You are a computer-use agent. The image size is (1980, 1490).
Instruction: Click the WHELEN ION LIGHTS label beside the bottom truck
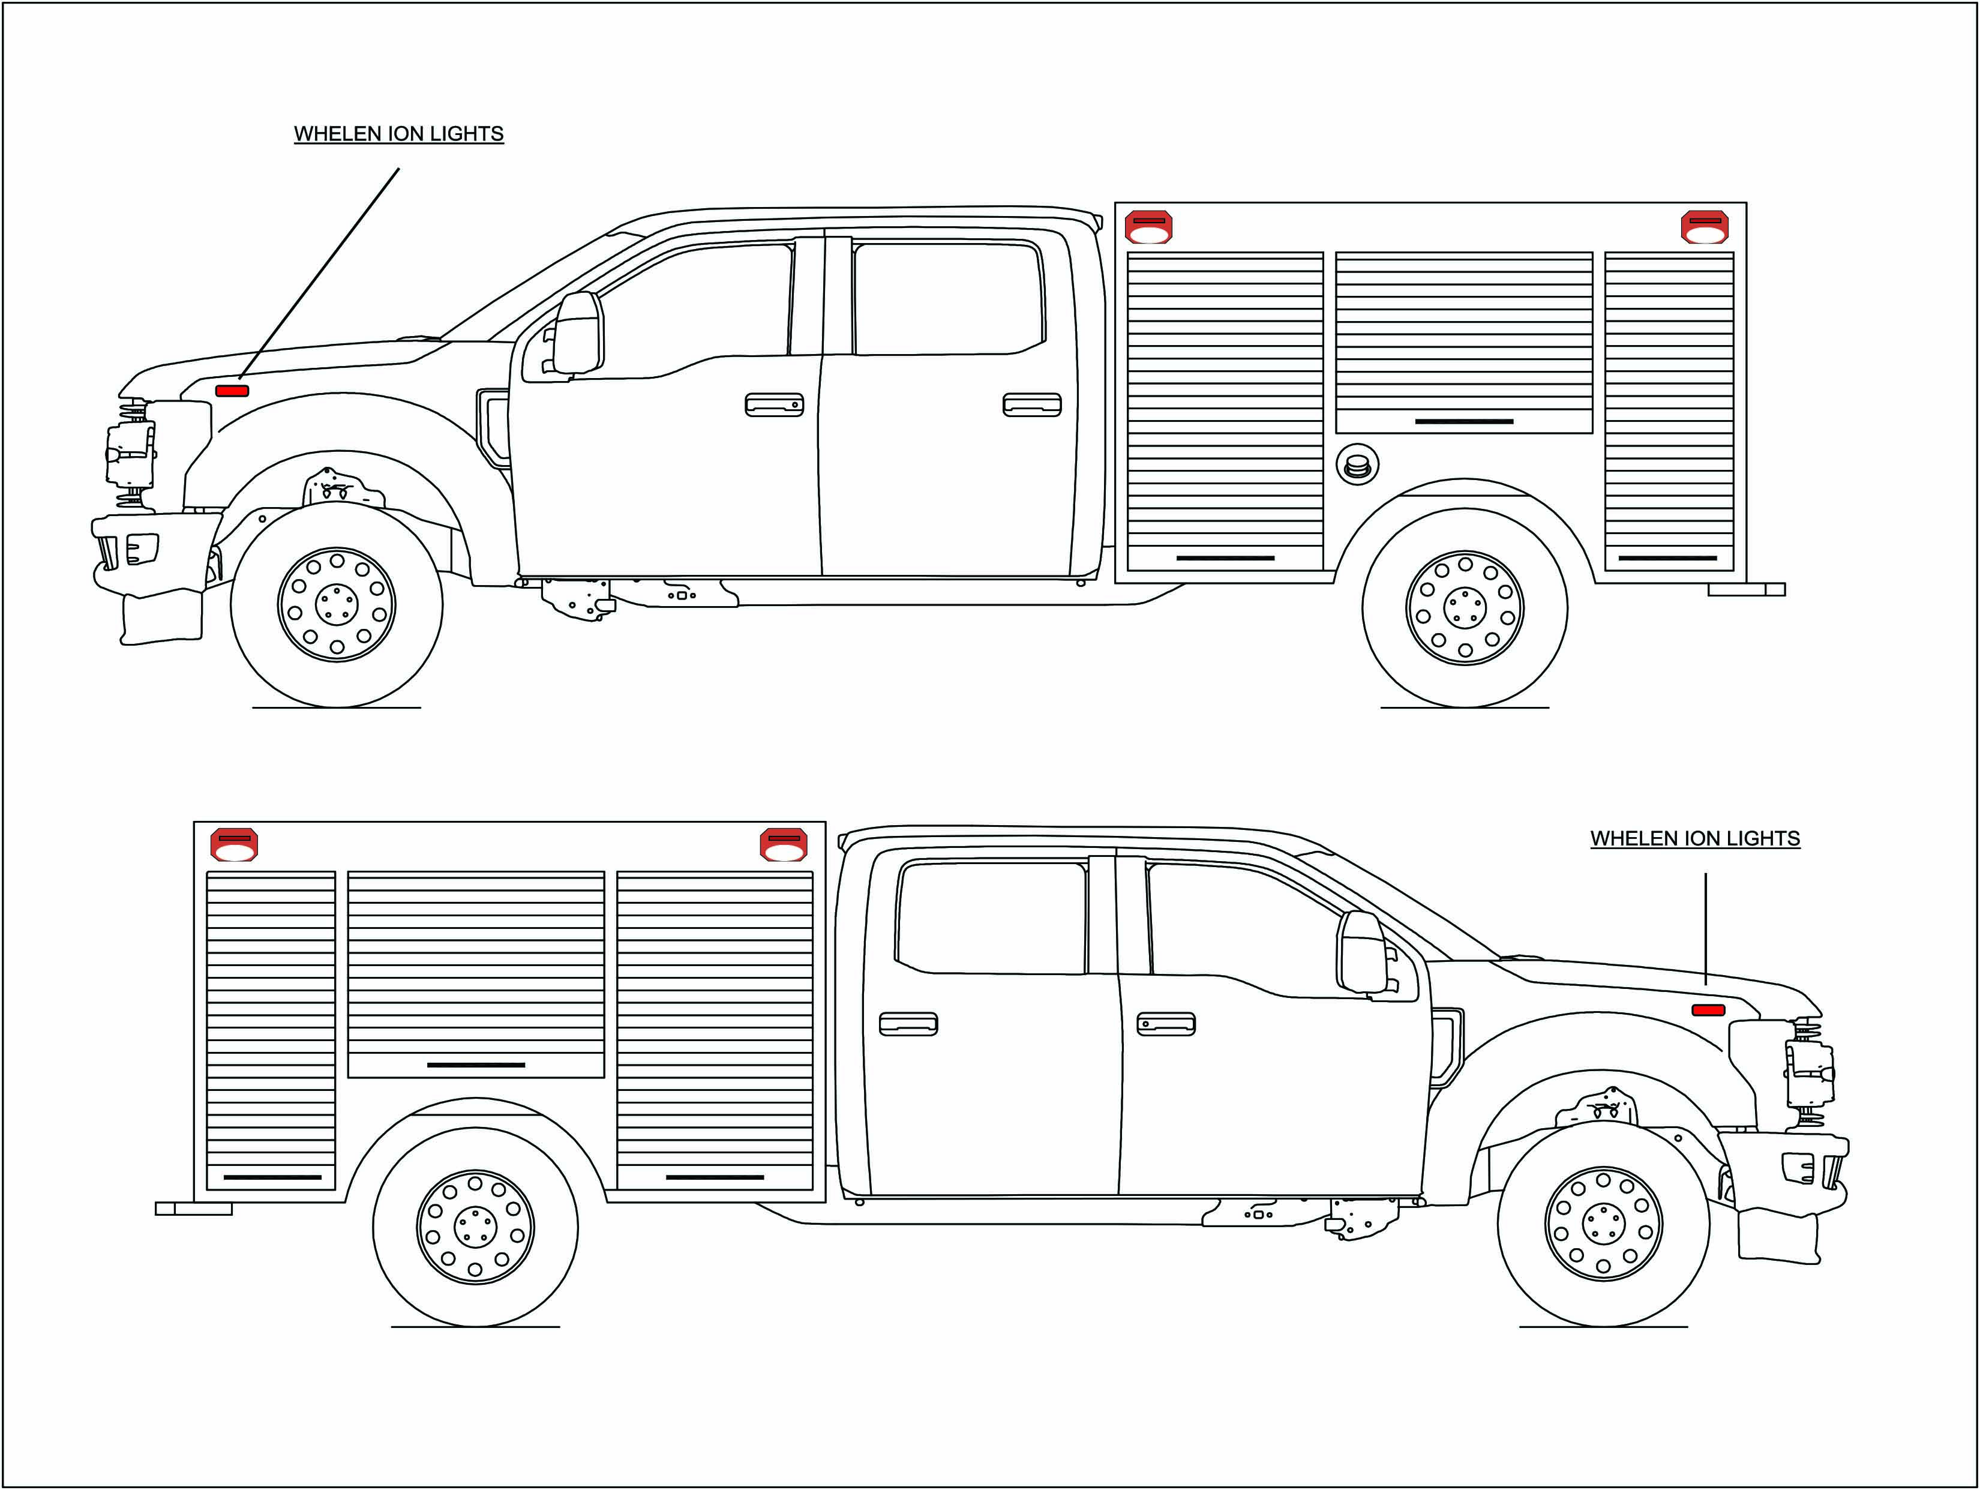click(x=1694, y=839)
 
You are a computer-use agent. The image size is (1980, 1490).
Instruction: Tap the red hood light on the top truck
click(x=232, y=391)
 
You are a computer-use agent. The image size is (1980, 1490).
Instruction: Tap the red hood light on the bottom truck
click(x=1708, y=1010)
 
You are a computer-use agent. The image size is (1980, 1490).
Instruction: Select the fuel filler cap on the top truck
click(x=1357, y=464)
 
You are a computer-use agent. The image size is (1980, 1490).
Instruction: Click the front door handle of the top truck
click(x=774, y=404)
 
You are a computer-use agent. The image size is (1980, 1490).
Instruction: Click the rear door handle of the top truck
click(x=1032, y=404)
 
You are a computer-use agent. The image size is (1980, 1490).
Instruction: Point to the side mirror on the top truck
click(x=578, y=331)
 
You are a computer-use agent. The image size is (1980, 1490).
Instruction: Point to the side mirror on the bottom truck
click(x=1361, y=952)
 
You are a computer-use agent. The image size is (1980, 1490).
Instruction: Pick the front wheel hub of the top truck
click(x=337, y=604)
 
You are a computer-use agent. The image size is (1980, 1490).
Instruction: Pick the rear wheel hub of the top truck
click(x=1465, y=607)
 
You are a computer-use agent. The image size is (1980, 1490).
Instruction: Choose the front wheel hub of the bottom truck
click(x=1603, y=1223)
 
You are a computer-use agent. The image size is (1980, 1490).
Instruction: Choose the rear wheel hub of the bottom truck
click(x=475, y=1226)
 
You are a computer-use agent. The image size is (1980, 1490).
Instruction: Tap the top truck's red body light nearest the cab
click(x=1148, y=227)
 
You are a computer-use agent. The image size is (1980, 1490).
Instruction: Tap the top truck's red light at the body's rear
click(x=1705, y=227)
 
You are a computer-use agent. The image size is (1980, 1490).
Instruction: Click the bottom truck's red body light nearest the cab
click(x=783, y=844)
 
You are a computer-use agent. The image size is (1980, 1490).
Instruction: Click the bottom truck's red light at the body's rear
click(x=233, y=844)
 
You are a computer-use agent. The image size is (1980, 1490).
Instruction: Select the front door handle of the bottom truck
click(x=1165, y=1024)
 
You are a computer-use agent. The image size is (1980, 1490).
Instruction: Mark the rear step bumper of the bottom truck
click(x=193, y=1209)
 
